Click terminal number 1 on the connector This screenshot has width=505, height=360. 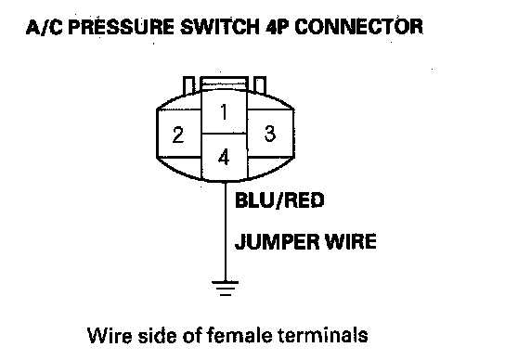pos(224,112)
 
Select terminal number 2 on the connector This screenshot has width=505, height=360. pos(178,135)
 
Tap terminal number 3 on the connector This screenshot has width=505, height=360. pos(270,134)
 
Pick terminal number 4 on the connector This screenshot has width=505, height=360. pos(224,157)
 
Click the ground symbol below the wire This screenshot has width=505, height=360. pos(226,289)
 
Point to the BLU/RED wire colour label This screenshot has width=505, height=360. pos(279,200)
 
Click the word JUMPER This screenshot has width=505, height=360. pos(278,241)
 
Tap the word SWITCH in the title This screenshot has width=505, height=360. pos(220,27)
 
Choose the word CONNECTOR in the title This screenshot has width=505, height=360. pos(358,27)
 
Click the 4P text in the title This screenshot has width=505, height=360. pos(277,27)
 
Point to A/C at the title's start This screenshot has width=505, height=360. pos(45,27)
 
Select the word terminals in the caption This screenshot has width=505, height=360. pos(323,335)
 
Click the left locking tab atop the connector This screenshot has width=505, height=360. pos(188,85)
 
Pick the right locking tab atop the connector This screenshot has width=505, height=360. pos(260,85)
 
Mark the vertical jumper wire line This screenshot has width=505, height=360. pos(226,232)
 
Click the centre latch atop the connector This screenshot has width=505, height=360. pos(224,84)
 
